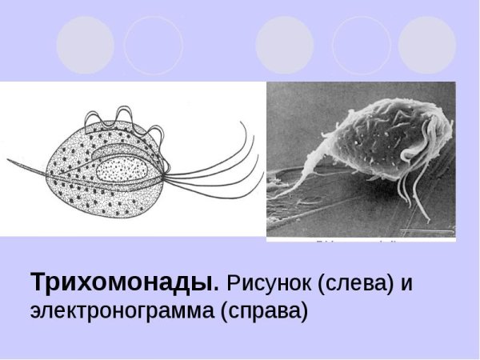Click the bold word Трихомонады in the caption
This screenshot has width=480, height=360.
coord(124,283)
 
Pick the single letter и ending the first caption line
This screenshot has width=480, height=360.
coord(410,283)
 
